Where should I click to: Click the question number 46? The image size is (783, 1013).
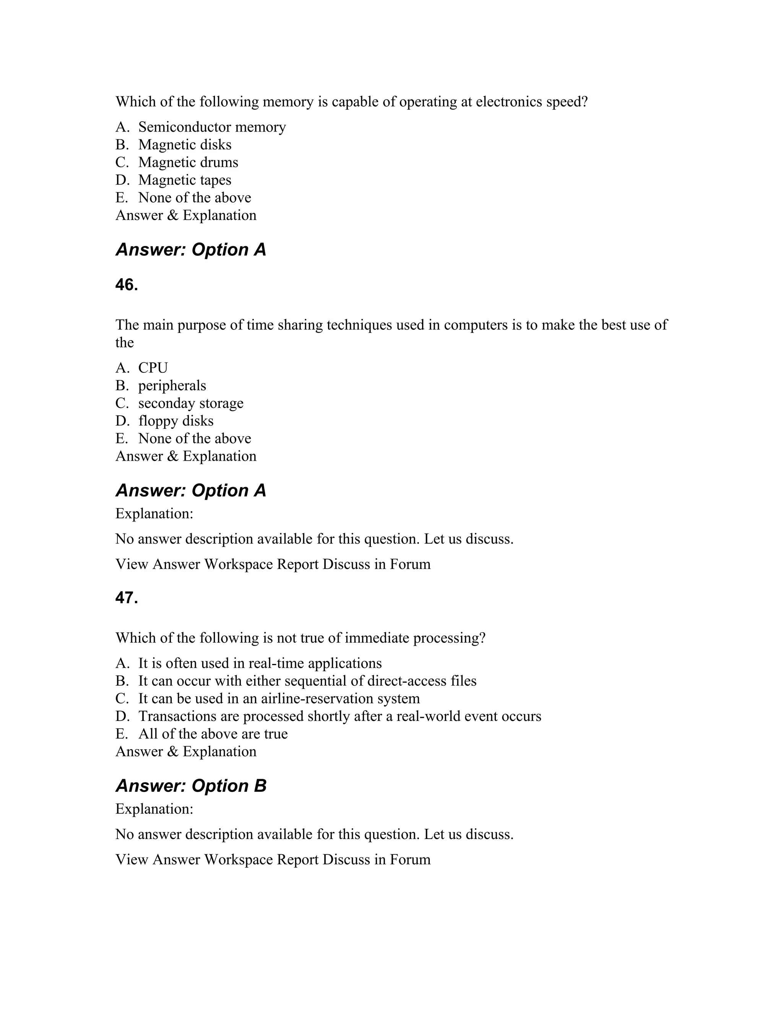tap(127, 285)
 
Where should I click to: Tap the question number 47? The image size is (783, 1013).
tap(127, 598)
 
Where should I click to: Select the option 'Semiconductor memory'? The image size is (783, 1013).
tap(212, 127)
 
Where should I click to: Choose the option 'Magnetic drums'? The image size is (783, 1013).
tap(188, 162)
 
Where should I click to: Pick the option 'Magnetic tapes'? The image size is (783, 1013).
tap(185, 180)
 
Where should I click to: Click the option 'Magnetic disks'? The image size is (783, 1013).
tap(185, 145)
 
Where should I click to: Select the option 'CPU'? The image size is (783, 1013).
tap(153, 368)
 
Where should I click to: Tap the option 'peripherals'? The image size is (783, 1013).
tap(172, 385)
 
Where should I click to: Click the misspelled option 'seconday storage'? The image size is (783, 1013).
tap(191, 403)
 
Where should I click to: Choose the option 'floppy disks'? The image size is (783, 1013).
tap(176, 421)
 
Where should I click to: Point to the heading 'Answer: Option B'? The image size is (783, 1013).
tap(191, 786)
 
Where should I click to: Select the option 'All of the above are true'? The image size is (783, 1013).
tap(213, 734)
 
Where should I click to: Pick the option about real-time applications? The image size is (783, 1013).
tap(260, 663)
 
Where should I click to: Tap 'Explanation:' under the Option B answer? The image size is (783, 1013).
tap(154, 809)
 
